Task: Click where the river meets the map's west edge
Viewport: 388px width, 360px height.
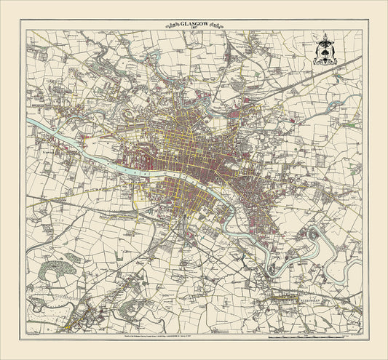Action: coord(28,121)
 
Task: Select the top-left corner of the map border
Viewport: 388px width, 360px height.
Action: coord(25,30)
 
